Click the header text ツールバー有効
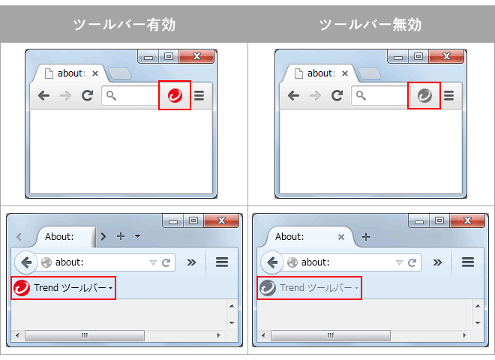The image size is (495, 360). pyautogui.click(x=124, y=25)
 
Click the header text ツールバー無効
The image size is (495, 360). pyautogui.click(x=370, y=25)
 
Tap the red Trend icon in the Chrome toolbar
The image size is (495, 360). pyautogui.click(x=175, y=95)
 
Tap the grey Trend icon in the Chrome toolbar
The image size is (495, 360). pyautogui.click(x=424, y=95)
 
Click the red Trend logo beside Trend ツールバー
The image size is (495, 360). pyautogui.click(x=22, y=288)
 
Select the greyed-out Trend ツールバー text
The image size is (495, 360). pyautogui.click(x=316, y=288)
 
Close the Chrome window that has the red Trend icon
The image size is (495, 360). pyautogui.click(x=196, y=56)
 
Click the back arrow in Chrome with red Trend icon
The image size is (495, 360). pyautogui.click(x=43, y=95)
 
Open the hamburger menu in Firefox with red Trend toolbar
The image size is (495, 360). pyautogui.click(x=222, y=262)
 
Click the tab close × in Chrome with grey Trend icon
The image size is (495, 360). pyautogui.click(x=345, y=73)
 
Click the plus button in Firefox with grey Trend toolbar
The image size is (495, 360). pyautogui.click(x=366, y=237)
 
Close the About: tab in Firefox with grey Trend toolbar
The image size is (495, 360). pyautogui.click(x=341, y=237)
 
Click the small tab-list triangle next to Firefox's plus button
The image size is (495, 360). pyautogui.click(x=138, y=236)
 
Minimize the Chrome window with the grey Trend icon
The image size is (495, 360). pyautogui.click(x=398, y=57)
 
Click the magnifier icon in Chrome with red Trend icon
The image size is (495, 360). pyautogui.click(x=111, y=95)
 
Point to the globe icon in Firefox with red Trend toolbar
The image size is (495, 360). pyautogui.click(x=46, y=262)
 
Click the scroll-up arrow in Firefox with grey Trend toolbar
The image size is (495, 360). pyautogui.click(x=478, y=306)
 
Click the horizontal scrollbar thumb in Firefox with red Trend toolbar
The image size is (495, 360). pyautogui.click(x=85, y=335)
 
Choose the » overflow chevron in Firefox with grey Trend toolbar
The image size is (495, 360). pyautogui.click(x=437, y=262)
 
